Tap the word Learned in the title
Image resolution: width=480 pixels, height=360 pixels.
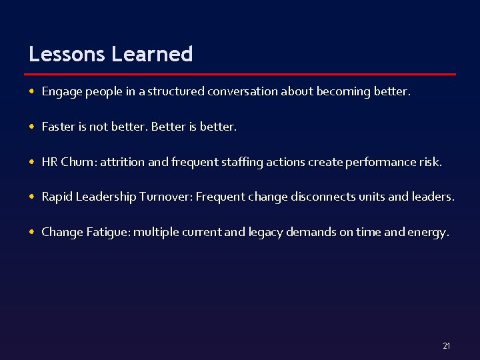click(153, 54)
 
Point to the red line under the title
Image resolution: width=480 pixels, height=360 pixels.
click(242, 74)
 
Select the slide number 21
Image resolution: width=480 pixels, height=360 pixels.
click(446, 345)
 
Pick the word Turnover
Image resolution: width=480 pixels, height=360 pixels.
click(165, 197)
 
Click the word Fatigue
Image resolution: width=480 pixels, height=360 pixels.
click(108, 232)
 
